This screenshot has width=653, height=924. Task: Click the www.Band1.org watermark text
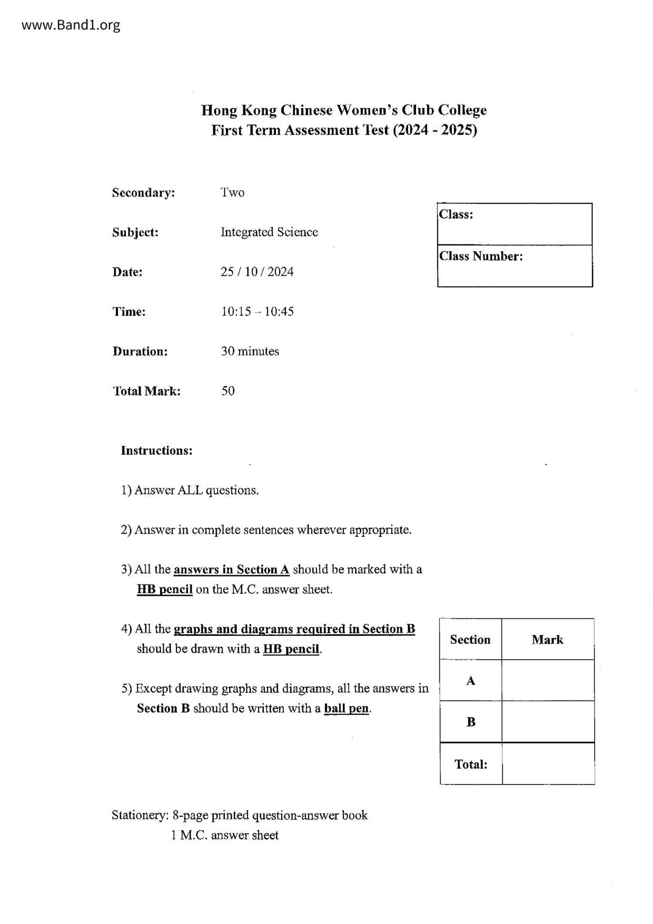71,25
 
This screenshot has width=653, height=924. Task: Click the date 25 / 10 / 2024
257,272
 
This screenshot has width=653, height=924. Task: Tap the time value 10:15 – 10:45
257,311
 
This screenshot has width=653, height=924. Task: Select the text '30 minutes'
250,351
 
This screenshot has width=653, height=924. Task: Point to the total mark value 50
227,391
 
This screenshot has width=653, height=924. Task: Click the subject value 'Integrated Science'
269,232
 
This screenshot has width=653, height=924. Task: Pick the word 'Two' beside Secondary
232,193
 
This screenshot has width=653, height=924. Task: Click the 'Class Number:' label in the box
481,257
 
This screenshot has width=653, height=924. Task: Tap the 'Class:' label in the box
456,214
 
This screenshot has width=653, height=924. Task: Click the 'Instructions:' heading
156,450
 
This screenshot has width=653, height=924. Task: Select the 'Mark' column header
547,640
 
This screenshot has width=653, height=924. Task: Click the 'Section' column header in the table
470,640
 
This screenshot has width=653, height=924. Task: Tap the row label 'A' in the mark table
470,681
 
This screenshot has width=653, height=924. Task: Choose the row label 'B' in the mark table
471,722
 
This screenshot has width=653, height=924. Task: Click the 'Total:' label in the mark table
471,764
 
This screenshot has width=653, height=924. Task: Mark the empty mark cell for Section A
548,681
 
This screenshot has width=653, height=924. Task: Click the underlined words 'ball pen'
347,709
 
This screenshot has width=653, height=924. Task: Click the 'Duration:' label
140,351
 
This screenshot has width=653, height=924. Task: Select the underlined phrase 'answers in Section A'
231,569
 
